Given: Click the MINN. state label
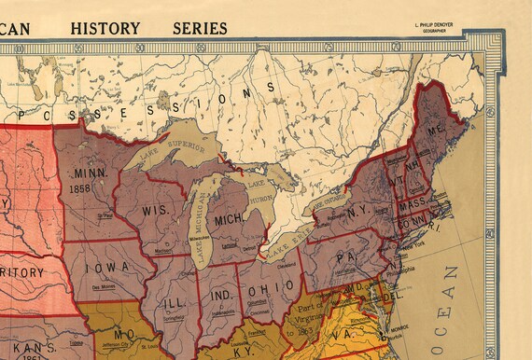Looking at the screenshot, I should click(x=91, y=173).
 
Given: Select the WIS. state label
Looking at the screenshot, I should click(x=155, y=210).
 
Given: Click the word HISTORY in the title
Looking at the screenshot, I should click(x=105, y=28).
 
